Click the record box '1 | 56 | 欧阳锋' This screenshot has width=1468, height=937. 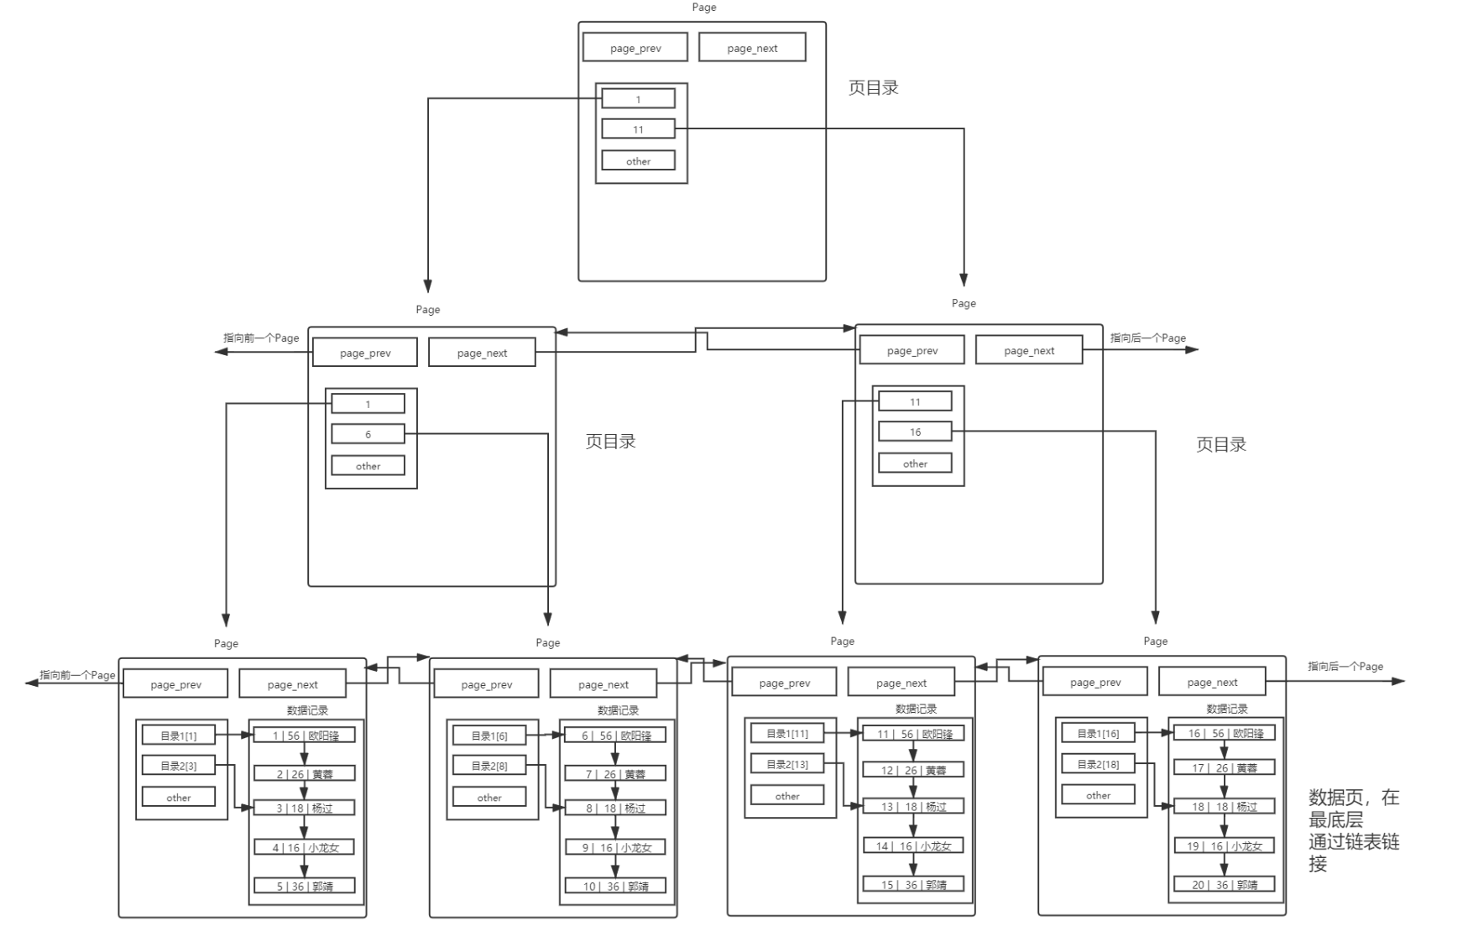coord(305,735)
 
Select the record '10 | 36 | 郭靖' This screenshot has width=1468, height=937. coord(615,886)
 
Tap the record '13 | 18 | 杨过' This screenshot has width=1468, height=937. coord(913,807)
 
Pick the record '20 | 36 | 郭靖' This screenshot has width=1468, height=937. coord(1224,884)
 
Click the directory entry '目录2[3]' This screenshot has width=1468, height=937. coord(178,766)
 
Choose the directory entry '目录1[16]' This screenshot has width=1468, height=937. coord(1098,733)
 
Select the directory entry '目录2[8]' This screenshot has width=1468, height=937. coord(488,766)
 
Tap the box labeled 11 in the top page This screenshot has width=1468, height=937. coord(638,129)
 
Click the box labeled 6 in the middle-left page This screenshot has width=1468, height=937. coord(368,434)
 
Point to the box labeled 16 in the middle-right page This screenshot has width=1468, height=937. coord(915,432)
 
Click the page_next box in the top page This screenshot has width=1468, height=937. coord(752,48)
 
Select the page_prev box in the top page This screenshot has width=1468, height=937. coord(635,48)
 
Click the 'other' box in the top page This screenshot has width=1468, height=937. coord(638,161)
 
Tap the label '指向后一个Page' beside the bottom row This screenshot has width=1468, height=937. coord(1345,666)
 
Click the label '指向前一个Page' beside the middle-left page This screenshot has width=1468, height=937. coord(261,338)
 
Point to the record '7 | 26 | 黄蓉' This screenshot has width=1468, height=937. coord(615,774)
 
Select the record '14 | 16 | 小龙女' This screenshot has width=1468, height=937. coord(913,845)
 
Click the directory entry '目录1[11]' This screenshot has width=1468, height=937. coord(787,733)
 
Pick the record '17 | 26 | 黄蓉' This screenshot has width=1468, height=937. coord(1224,767)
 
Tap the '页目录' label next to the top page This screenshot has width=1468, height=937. coord(873,87)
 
